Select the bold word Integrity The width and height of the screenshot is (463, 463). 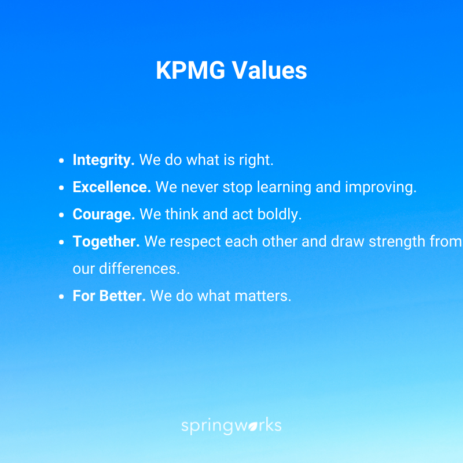[104, 160]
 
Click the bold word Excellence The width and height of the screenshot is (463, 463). [112, 188]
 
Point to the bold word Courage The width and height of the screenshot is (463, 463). [104, 215]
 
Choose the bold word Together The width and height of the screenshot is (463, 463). [106, 242]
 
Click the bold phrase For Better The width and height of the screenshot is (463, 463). [109, 296]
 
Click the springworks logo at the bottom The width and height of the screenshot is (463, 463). [231, 427]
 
